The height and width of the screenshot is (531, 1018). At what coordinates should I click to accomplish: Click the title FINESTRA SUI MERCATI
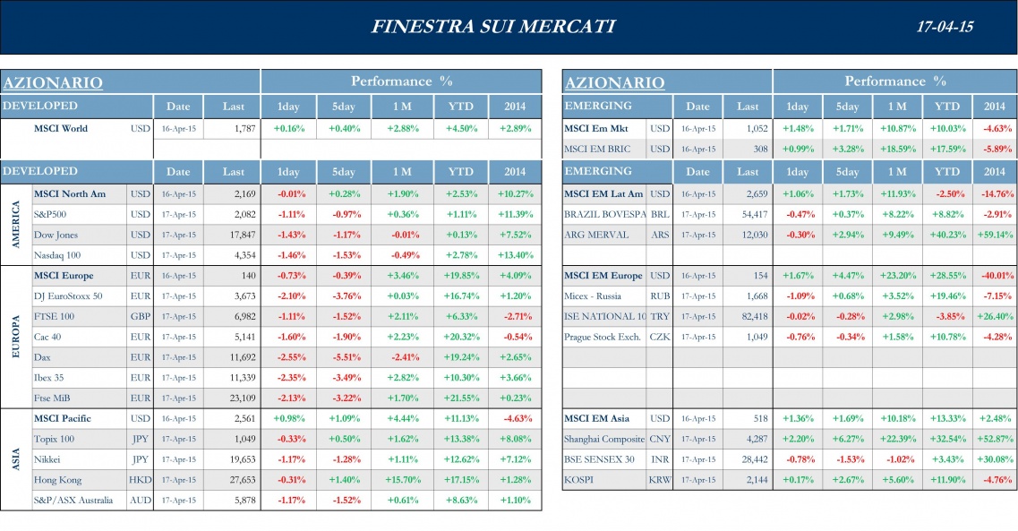click(x=492, y=27)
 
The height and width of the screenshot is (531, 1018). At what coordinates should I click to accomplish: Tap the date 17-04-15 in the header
click(x=945, y=27)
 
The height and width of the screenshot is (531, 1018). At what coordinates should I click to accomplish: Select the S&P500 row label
click(x=50, y=215)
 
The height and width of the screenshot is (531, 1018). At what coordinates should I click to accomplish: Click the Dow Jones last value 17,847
click(x=238, y=236)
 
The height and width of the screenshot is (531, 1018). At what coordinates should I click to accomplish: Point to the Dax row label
click(x=42, y=357)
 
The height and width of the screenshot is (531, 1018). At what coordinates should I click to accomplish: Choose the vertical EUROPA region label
click(x=15, y=336)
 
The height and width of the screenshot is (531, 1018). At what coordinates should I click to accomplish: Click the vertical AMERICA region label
click(x=15, y=225)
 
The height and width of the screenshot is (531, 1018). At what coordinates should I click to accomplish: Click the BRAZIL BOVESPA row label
click(x=604, y=215)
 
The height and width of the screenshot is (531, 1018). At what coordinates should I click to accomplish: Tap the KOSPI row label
click(x=579, y=480)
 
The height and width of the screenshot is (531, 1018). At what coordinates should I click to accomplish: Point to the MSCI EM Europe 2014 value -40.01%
click(x=995, y=276)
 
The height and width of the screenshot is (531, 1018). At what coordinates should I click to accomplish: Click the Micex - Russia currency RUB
click(x=660, y=296)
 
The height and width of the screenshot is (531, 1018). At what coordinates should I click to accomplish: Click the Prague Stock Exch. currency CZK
click(x=660, y=338)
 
